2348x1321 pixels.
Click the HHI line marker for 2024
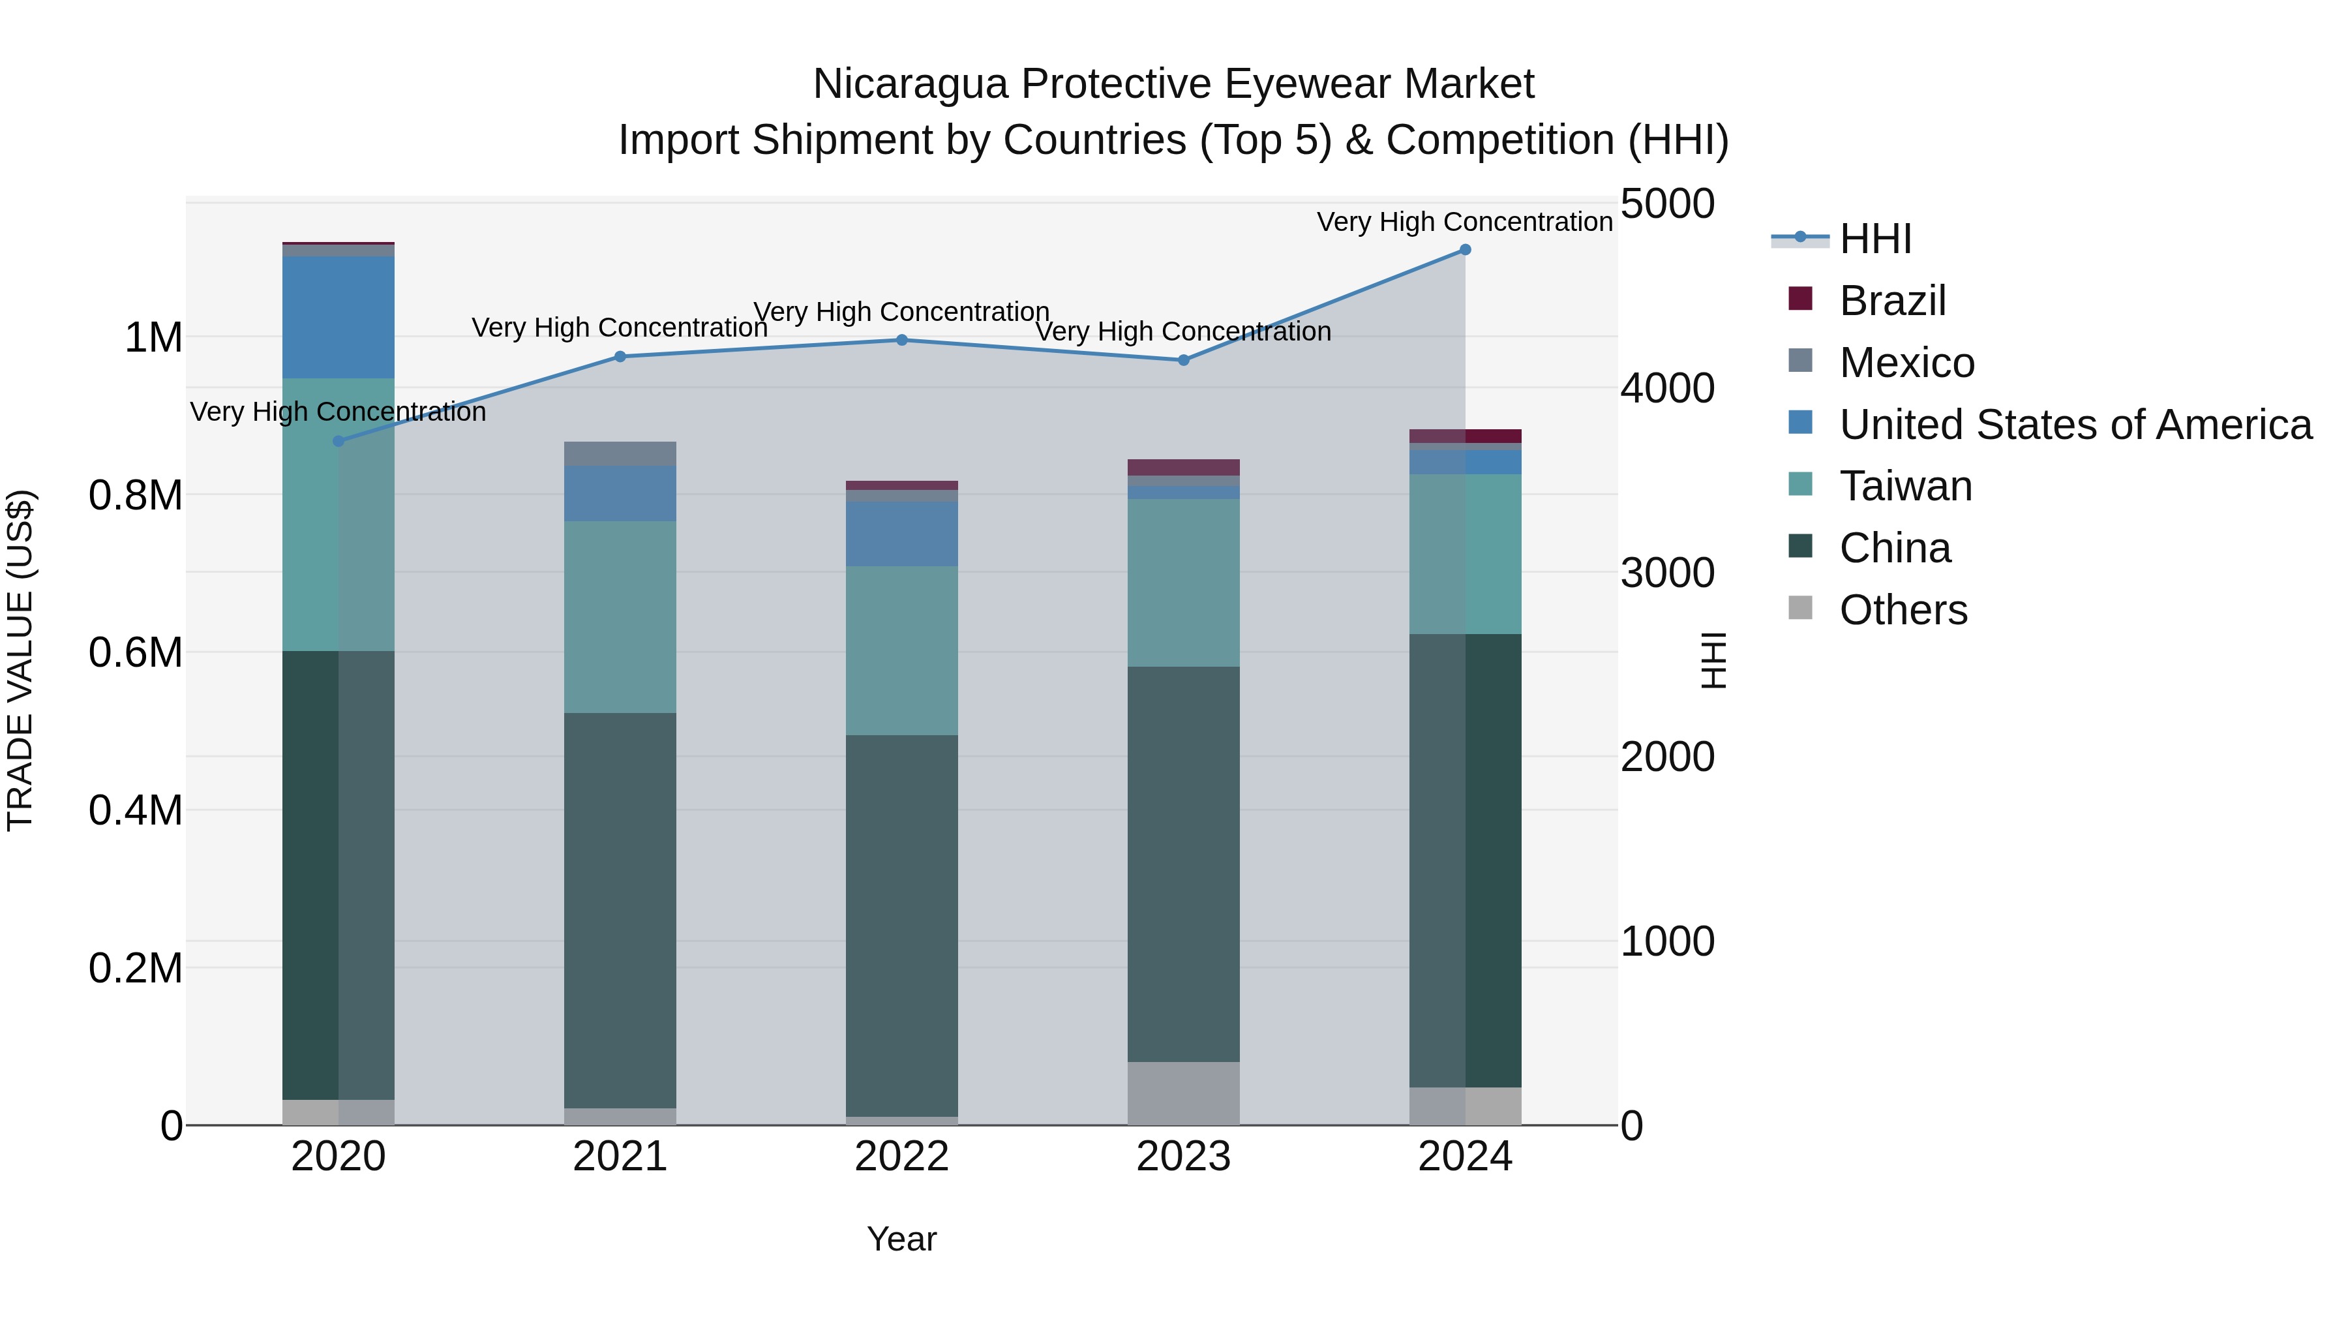tap(1465, 250)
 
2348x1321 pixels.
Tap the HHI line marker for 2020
tap(338, 441)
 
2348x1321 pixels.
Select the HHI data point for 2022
tap(901, 340)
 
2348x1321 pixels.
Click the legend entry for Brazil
tap(1891, 301)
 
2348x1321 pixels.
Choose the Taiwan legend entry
tap(1905, 486)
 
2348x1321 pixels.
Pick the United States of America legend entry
tap(2075, 425)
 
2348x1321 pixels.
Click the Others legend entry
tap(1903, 610)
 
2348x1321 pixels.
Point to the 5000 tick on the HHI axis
tap(1667, 204)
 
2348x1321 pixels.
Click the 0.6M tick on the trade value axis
tap(135, 653)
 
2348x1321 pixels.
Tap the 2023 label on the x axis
tap(1183, 1157)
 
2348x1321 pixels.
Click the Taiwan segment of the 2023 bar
tap(1183, 583)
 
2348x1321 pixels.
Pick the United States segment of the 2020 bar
tap(338, 317)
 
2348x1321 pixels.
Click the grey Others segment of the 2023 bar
tap(1183, 1093)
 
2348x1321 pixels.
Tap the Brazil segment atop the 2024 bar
tap(1465, 436)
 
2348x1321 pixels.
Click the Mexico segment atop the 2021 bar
tap(620, 454)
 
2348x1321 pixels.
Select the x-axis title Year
tap(901, 1239)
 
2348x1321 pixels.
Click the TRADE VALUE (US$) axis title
tap(20, 660)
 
